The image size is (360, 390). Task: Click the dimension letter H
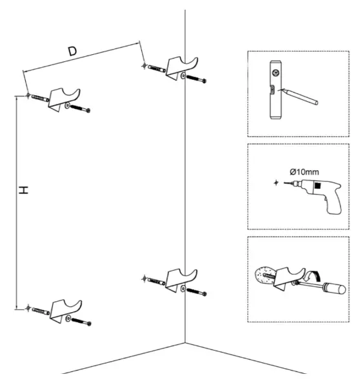23,191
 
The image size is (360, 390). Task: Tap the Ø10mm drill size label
305,171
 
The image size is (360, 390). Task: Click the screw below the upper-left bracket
81,108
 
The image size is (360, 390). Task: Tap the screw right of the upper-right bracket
197,79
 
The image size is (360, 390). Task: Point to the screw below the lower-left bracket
81,320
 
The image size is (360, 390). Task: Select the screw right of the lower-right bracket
197,291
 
